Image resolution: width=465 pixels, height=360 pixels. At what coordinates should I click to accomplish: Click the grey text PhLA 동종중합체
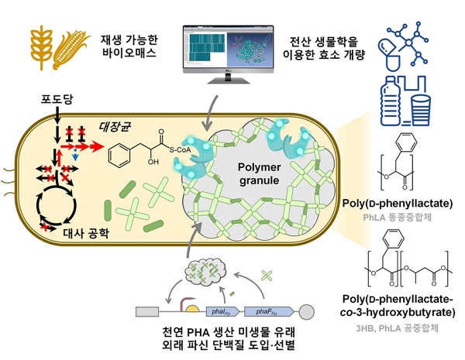click(x=401, y=219)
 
